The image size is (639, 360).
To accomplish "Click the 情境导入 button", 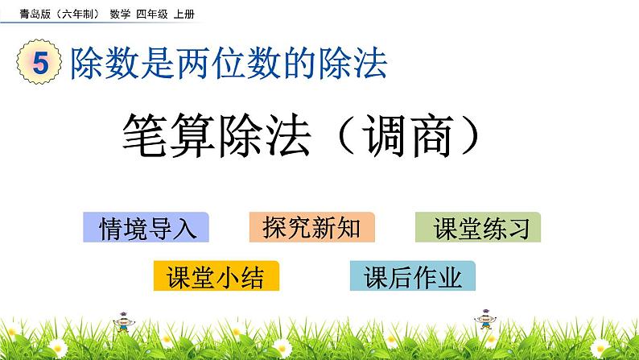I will coord(146,229).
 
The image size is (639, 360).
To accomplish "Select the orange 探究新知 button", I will coord(312,229).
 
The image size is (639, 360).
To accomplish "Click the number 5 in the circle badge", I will coord(40,64).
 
